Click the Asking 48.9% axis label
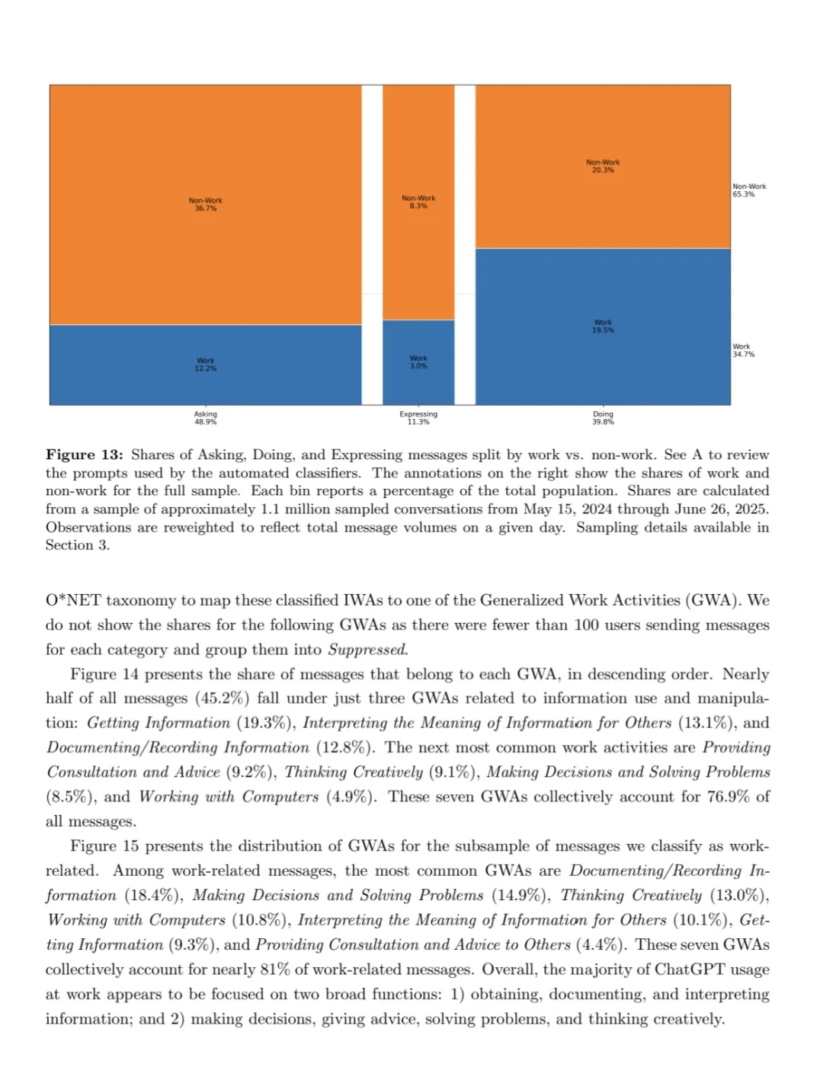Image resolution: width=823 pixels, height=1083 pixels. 206,418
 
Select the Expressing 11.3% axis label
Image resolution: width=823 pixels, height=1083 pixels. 418,418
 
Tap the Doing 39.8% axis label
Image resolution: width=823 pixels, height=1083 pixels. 603,418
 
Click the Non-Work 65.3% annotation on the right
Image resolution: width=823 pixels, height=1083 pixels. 749,190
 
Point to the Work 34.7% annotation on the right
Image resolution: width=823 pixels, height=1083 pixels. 743,350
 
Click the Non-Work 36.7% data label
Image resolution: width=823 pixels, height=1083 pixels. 206,204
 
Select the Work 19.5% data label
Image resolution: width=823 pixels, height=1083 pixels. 603,326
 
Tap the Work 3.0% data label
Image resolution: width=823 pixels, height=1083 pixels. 418,362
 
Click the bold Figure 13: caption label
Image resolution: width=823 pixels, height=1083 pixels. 84,455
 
